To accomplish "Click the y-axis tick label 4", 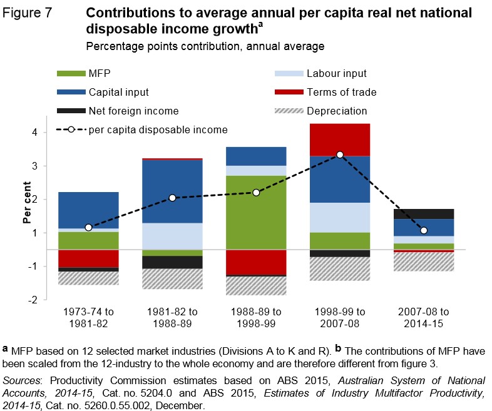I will (x=35, y=133).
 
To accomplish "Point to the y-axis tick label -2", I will (x=33, y=300).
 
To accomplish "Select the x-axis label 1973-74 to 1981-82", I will (x=88, y=317).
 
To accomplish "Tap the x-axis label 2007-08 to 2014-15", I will (x=423, y=317).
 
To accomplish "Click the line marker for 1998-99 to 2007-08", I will (x=340, y=155).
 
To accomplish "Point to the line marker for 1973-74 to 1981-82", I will (x=88, y=227).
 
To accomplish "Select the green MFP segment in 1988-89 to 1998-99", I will (x=256, y=213).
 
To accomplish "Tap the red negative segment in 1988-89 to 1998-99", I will (x=256, y=262).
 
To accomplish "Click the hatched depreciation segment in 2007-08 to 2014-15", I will (x=423, y=261).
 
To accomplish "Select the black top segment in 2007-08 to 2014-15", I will (x=423, y=213).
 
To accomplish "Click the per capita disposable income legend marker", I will (x=71, y=130).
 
